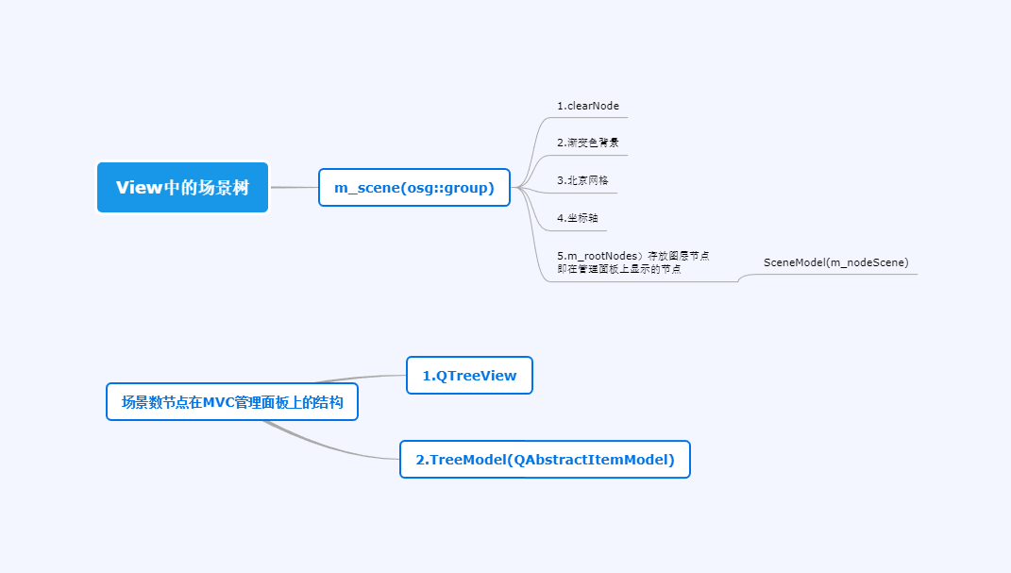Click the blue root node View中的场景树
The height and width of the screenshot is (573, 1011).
click(x=182, y=187)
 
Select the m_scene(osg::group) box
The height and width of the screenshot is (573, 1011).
click(x=413, y=187)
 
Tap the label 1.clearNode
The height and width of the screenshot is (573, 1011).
click(x=587, y=106)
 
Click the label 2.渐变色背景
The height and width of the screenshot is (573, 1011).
click(x=587, y=143)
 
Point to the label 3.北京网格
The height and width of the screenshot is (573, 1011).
click(x=582, y=179)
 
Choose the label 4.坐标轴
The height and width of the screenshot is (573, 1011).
click(x=577, y=218)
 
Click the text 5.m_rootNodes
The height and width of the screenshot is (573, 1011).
click(x=598, y=256)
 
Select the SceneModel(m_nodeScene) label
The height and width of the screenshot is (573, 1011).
click(x=835, y=261)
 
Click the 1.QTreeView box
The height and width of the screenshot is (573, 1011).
click(x=469, y=375)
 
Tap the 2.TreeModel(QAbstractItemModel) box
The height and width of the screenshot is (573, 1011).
click(x=545, y=460)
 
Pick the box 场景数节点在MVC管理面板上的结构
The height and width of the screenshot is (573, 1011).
click(x=232, y=402)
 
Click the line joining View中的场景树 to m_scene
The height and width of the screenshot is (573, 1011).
click(x=294, y=187)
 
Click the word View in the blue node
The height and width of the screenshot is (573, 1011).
click(x=139, y=187)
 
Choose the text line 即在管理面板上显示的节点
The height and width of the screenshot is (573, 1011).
click(x=619, y=269)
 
